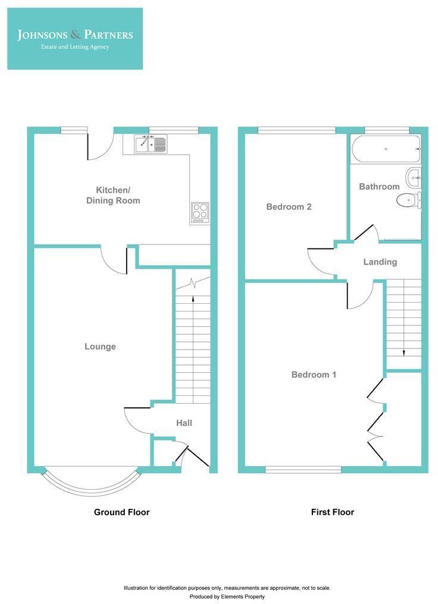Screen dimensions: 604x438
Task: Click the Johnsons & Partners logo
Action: pyautogui.click(x=75, y=39)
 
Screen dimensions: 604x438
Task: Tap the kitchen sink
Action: pyautogui.click(x=151, y=144)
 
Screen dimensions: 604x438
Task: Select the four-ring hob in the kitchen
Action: pyautogui.click(x=200, y=212)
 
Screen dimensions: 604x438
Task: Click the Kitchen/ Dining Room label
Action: pyautogui.click(x=112, y=196)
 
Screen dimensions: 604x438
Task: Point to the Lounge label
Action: pyautogui.click(x=100, y=347)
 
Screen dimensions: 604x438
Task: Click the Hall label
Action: pyautogui.click(x=184, y=423)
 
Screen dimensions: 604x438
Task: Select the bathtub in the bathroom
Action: pyautogui.click(x=386, y=149)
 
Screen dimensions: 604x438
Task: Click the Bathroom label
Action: pyautogui.click(x=379, y=187)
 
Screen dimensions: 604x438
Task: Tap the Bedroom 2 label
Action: pyautogui.click(x=289, y=207)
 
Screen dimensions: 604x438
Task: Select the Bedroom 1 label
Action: pyautogui.click(x=314, y=375)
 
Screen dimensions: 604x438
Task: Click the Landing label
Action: pyautogui.click(x=380, y=262)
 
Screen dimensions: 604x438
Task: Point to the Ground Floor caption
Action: pyautogui.click(x=121, y=512)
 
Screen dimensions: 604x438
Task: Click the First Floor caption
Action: pyautogui.click(x=332, y=512)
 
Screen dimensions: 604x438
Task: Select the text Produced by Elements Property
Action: pyautogui.click(x=227, y=596)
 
